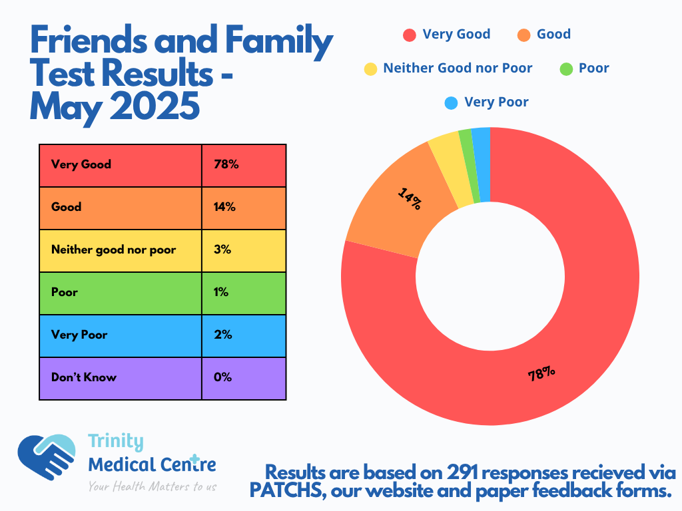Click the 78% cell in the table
[x=244, y=165]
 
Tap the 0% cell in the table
[x=244, y=378]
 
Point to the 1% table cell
[x=244, y=293]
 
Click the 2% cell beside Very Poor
[x=244, y=335]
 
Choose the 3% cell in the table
[x=244, y=250]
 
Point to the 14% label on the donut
[x=409, y=198]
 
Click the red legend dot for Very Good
[x=410, y=35]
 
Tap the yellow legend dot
[x=370, y=69]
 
